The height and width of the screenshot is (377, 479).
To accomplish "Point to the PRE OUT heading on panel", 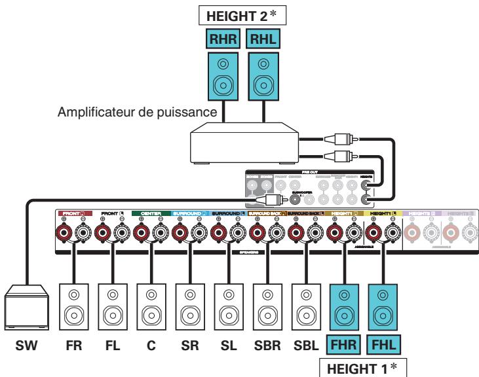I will [309, 173].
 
